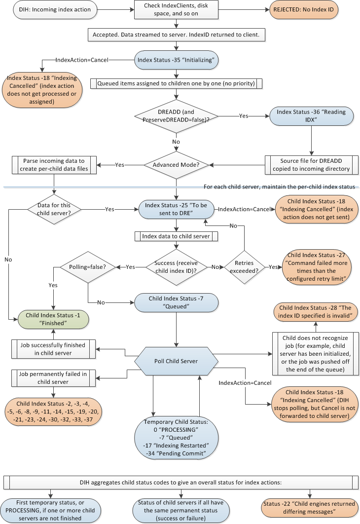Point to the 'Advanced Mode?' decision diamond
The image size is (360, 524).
tap(176, 165)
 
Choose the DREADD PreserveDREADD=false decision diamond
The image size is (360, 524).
tap(176, 116)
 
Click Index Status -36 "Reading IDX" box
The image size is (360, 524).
tap(311, 116)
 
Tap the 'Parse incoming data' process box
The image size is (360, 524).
tap(54, 165)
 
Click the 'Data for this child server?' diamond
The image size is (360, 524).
tap(53, 209)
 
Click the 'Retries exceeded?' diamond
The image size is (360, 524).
tap(245, 266)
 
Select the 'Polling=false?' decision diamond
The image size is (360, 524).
tap(88, 266)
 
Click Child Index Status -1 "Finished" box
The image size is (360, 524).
tap(53, 319)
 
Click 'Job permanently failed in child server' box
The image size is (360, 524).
tap(54, 378)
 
